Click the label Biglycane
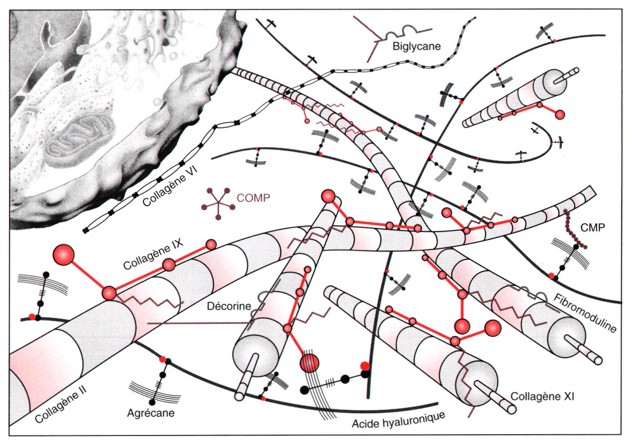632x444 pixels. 416,46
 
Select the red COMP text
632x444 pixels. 253,198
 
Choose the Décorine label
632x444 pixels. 229,306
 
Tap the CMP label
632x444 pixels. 592,228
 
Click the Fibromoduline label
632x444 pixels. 585,313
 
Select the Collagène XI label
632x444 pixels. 542,396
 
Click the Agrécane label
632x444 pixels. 150,413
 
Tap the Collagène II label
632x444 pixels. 61,405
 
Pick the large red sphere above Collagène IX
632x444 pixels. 64,255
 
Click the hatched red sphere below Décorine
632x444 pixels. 310,363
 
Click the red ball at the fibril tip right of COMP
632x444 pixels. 328,196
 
